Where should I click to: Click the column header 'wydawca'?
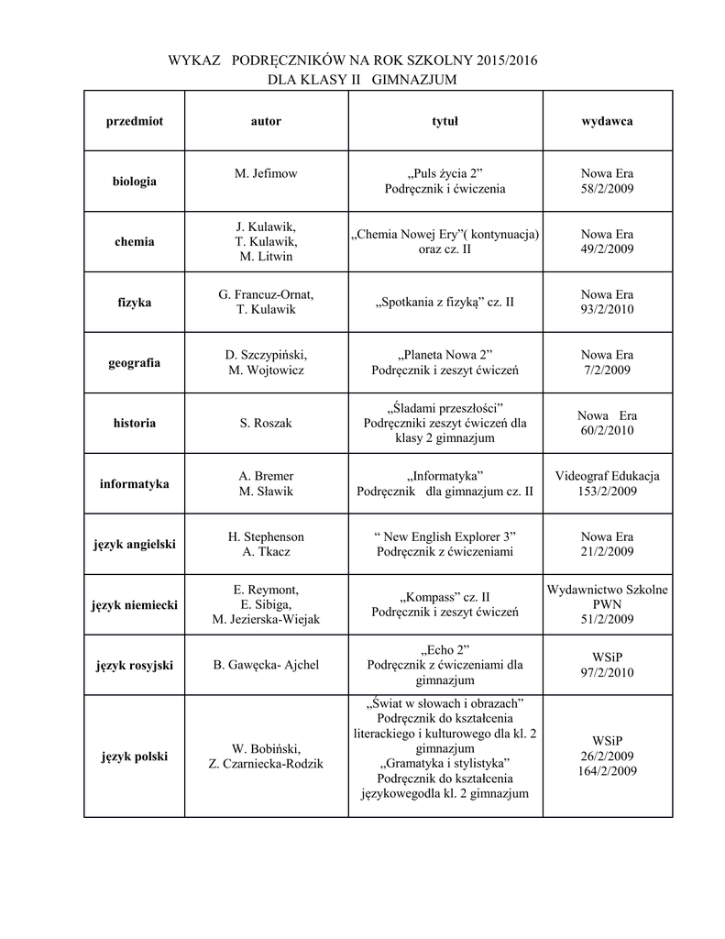(x=607, y=121)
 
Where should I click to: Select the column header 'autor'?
(x=266, y=121)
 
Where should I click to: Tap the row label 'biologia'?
(x=135, y=182)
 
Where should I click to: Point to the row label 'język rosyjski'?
(x=135, y=665)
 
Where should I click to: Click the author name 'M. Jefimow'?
(x=266, y=173)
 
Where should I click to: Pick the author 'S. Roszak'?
(x=266, y=423)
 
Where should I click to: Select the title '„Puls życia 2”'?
(x=445, y=173)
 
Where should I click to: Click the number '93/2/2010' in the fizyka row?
(x=607, y=309)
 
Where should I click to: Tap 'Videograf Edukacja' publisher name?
(x=607, y=476)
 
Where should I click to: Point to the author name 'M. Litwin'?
(x=266, y=257)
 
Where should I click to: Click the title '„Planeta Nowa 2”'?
(x=445, y=355)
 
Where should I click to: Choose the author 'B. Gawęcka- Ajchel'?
(x=266, y=665)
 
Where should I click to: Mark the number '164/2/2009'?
(x=607, y=771)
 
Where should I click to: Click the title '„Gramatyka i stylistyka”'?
(x=445, y=764)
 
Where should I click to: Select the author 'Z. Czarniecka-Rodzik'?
(x=266, y=764)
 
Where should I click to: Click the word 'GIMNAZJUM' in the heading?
(x=414, y=81)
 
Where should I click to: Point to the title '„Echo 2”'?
(x=445, y=649)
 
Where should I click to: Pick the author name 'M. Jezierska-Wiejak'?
(x=266, y=620)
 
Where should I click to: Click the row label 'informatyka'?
(x=135, y=483)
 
